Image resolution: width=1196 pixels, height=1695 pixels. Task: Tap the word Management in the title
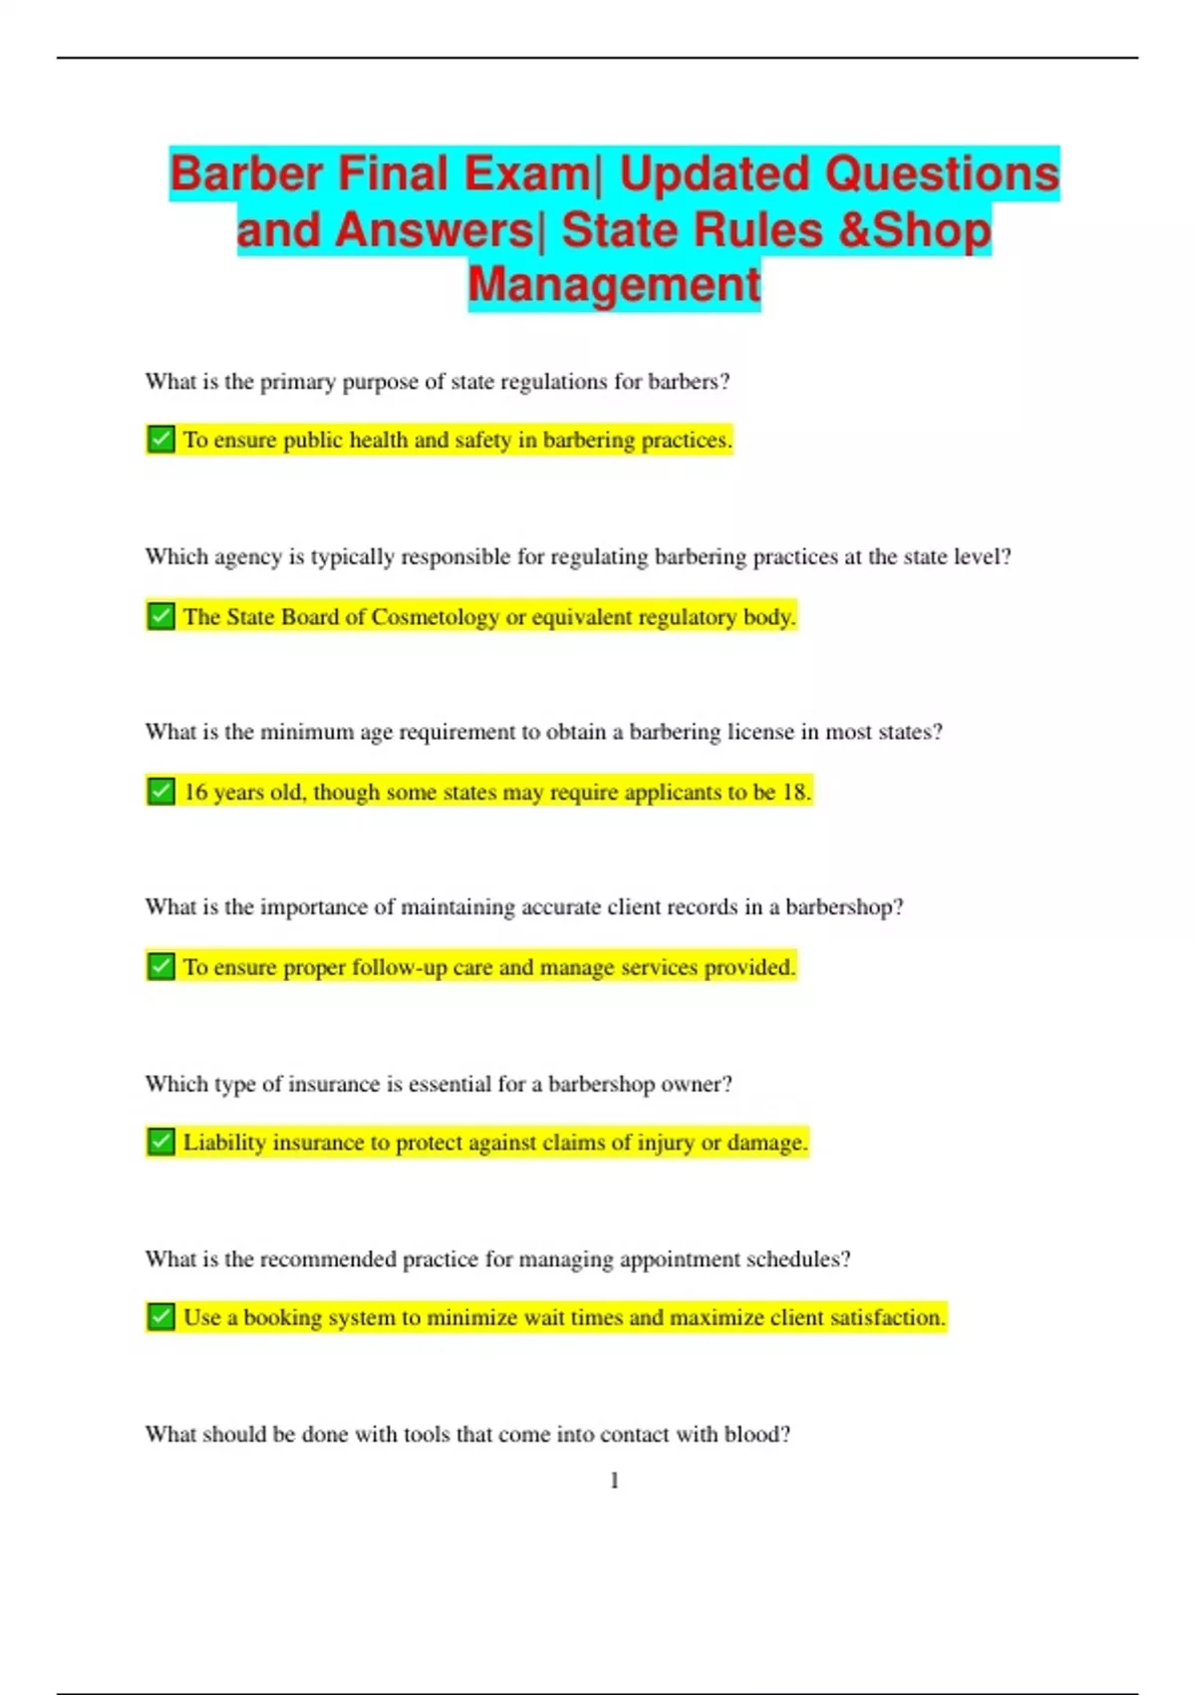pyautogui.click(x=614, y=284)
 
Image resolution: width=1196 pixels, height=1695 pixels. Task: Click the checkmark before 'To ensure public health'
pyautogui.click(x=160, y=439)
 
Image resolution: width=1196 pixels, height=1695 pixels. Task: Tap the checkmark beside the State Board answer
pyautogui.click(x=160, y=616)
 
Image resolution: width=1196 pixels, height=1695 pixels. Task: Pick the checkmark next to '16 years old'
pyautogui.click(x=160, y=792)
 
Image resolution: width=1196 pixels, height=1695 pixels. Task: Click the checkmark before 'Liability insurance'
pyautogui.click(x=160, y=1142)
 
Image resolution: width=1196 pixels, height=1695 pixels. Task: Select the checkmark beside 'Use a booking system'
pyautogui.click(x=160, y=1317)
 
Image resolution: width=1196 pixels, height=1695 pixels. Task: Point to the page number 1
pyautogui.click(x=614, y=1481)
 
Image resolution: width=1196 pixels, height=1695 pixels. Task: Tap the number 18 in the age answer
pyautogui.click(x=795, y=792)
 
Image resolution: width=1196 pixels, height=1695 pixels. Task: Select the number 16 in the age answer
pyautogui.click(x=195, y=792)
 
